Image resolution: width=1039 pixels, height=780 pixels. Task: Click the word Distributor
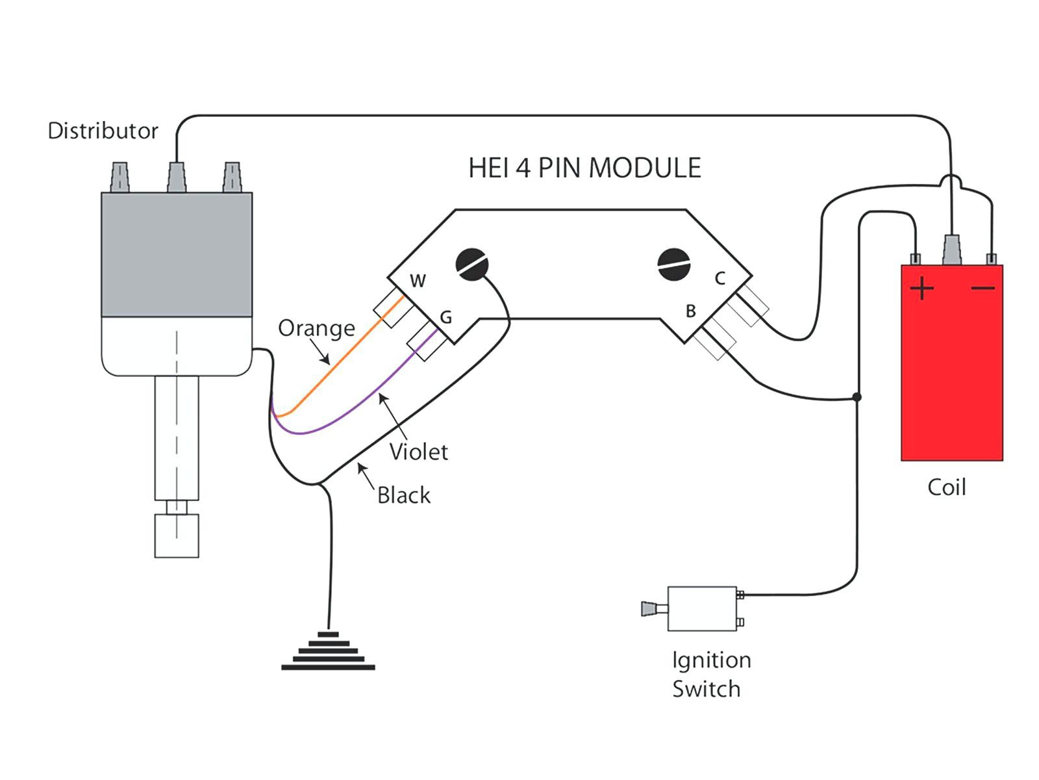pyautogui.click(x=103, y=131)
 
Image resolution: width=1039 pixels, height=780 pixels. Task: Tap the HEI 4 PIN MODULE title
pyautogui.click(x=584, y=168)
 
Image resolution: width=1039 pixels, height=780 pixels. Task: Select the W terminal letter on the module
pyautogui.click(x=418, y=281)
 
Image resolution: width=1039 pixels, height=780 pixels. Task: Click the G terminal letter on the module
pyautogui.click(x=446, y=317)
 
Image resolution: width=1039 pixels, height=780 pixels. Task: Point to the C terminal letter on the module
pyautogui.click(x=720, y=278)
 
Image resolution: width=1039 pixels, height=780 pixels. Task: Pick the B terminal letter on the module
pyautogui.click(x=691, y=311)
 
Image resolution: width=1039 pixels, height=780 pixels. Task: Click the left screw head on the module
pyautogui.click(x=472, y=265)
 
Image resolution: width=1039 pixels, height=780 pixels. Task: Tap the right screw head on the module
pyautogui.click(x=673, y=264)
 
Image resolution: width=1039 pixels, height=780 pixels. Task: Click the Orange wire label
pyautogui.click(x=316, y=328)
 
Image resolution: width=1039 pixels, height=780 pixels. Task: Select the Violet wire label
pyautogui.click(x=419, y=452)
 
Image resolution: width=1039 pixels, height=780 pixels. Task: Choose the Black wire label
pyautogui.click(x=404, y=495)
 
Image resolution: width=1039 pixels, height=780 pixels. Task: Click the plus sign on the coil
pyautogui.click(x=922, y=288)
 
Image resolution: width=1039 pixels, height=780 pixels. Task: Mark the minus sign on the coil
pyautogui.click(x=983, y=288)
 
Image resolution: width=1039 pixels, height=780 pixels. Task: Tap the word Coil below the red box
pyautogui.click(x=946, y=487)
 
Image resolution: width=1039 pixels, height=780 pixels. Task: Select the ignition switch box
pyautogui.click(x=702, y=608)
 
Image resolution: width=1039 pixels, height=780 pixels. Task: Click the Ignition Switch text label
pyautogui.click(x=710, y=674)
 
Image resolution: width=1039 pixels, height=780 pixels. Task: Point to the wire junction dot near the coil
pyautogui.click(x=857, y=396)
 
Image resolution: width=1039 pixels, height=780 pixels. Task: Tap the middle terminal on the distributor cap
pyautogui.click(x=177, y=177)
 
